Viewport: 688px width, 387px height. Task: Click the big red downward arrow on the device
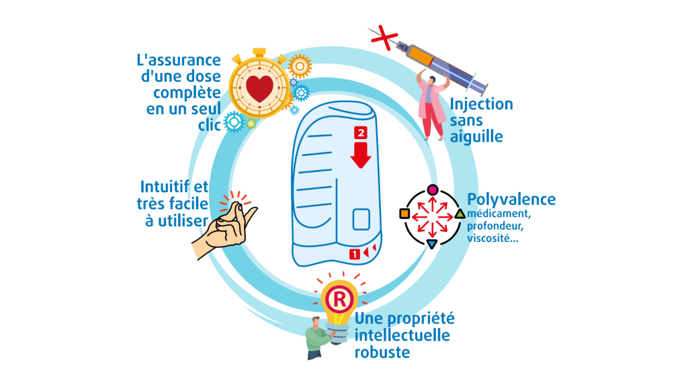(x=361, y=155)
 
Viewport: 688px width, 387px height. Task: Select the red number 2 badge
(x=361, y=132)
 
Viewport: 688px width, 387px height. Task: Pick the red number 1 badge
(x=354, y=254)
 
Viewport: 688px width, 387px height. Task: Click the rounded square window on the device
(x=363, y=220)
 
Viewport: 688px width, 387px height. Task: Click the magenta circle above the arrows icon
(x=433, y=189)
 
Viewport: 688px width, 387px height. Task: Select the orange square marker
(x=404, y=214)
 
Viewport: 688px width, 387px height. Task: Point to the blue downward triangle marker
(x=432, y=244)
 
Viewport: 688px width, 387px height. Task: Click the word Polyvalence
(x=511, y=200)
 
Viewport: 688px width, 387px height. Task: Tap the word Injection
(x=481, y=104)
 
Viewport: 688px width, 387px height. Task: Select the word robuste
(x=382, y=351)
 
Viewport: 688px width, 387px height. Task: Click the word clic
(x=210, y=124)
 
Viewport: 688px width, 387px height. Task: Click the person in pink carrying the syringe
(x=431, y=104)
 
